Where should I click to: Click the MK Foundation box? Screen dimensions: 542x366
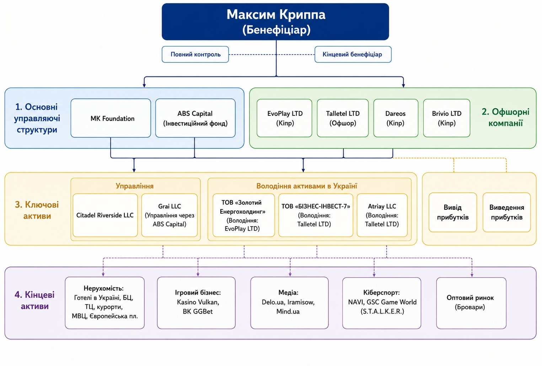(x=111, y=118)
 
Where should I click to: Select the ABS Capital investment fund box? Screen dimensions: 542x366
(x=195, y=118)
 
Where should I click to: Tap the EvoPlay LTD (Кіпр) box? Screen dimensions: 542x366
(x=284, y=118)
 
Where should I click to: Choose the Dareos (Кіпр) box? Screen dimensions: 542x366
(x=396, y=118)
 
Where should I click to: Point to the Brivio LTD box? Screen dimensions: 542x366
(x=447, y=118)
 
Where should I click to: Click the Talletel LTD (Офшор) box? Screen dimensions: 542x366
(x=343, y=118)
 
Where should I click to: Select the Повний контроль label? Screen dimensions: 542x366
(x=195, y=54)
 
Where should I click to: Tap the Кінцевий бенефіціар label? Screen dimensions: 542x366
(x=353, y=54)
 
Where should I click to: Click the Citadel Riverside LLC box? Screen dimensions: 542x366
(x=105, y=215)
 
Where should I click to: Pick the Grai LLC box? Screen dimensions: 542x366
(x=170, y=215)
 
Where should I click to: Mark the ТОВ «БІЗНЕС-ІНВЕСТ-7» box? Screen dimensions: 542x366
(x=316, y=215)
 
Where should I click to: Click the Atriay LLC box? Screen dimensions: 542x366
(x=382, y=215)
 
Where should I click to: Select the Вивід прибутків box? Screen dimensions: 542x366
(x=453, y=212)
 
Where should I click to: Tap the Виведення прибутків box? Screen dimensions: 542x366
(x=507, y=212)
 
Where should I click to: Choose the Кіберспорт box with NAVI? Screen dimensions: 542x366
(x=382, y=303)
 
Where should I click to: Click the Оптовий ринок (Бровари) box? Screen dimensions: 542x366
(x=471, y=303)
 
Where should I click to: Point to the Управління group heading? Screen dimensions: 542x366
(x=135, y=186)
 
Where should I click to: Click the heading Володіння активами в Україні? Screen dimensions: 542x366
(x=307, y=186)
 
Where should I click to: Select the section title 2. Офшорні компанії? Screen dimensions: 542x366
(x=505, y=118)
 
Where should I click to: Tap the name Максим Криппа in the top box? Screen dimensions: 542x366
(x=276, y=15)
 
